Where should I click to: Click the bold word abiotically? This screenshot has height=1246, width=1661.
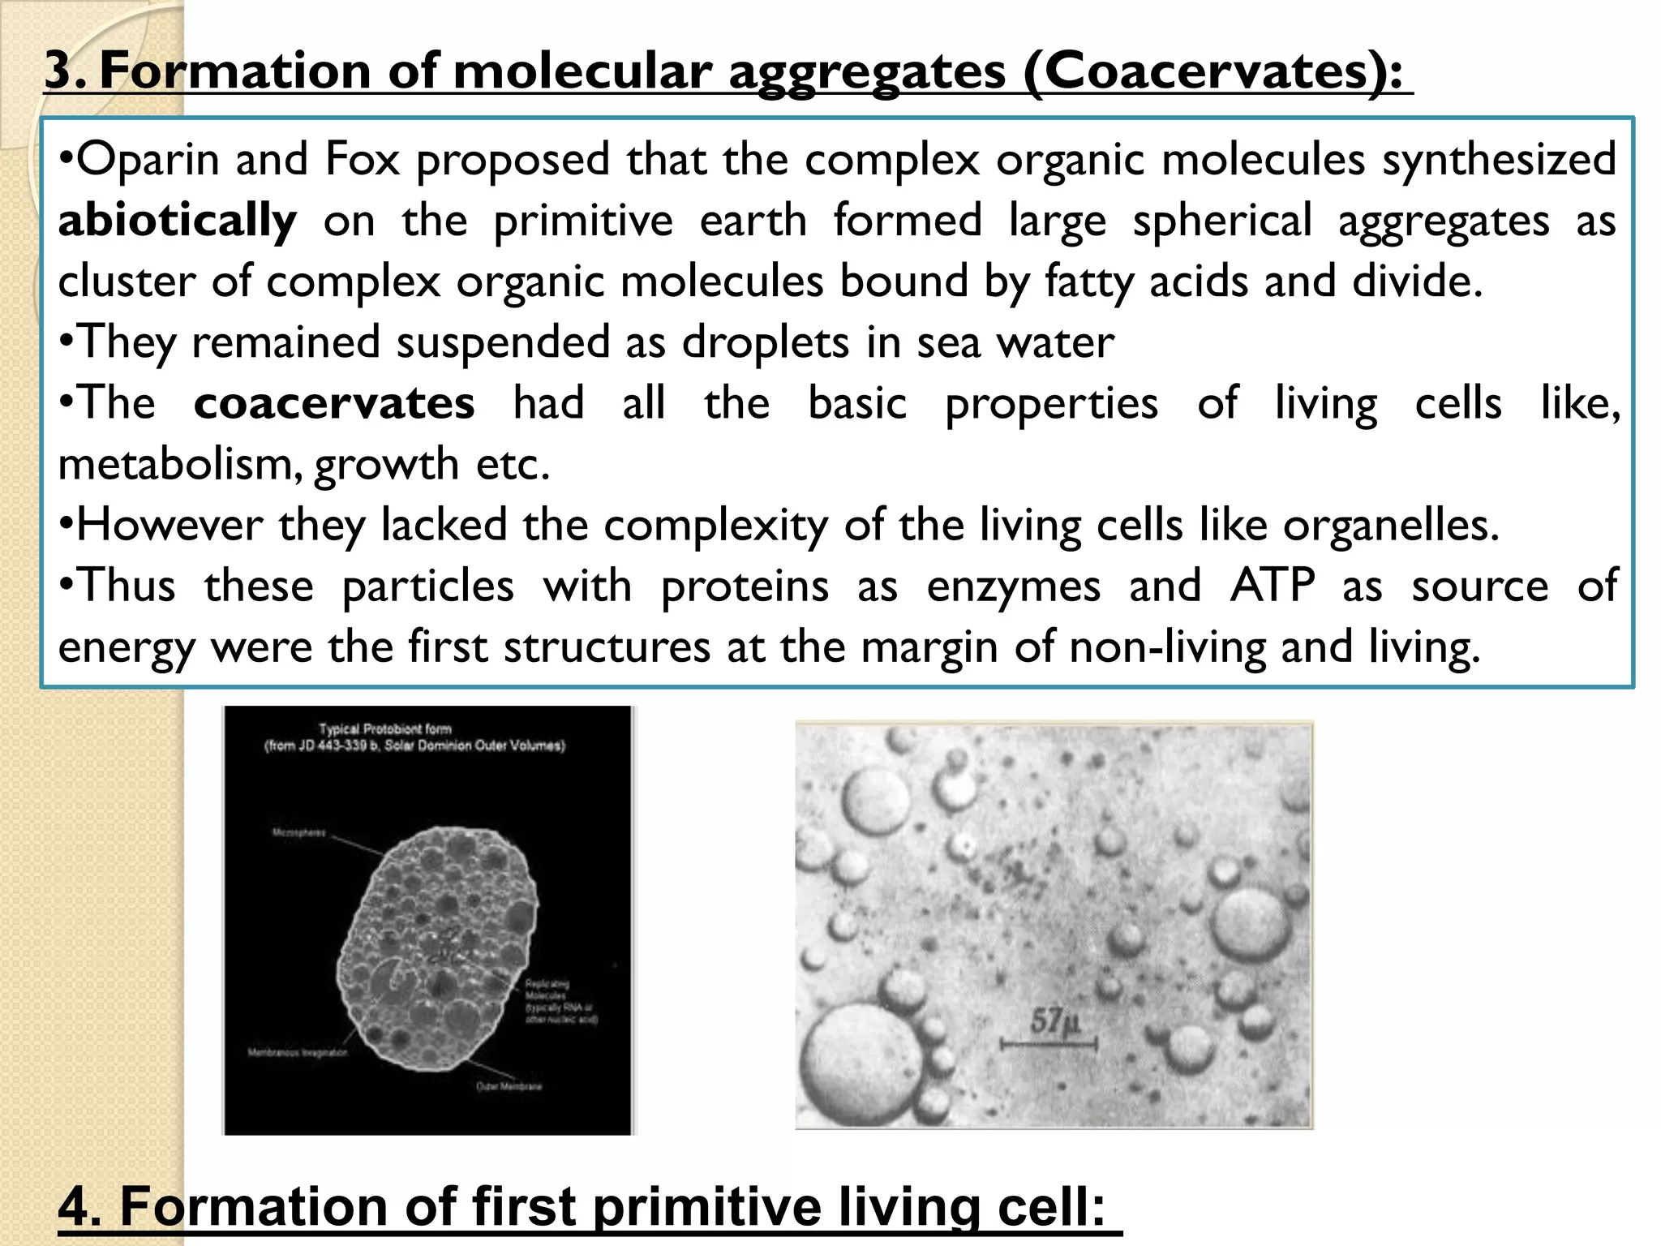(177, 221)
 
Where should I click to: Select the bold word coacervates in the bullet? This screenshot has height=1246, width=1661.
(333, 403)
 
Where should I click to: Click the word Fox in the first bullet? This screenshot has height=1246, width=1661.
(362, 159)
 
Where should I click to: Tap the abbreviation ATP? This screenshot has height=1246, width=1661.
(1272, 586)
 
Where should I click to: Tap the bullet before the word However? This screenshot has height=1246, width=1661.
(67, 525)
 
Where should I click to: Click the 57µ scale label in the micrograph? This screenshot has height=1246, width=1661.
(1054, 1020)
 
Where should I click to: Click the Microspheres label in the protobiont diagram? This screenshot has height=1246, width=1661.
(298, 833)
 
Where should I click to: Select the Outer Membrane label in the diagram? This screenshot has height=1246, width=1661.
(509, 1086)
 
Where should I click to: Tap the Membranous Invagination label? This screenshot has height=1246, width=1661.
(298, 1053)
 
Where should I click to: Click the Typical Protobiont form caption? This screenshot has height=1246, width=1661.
(384, 728)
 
